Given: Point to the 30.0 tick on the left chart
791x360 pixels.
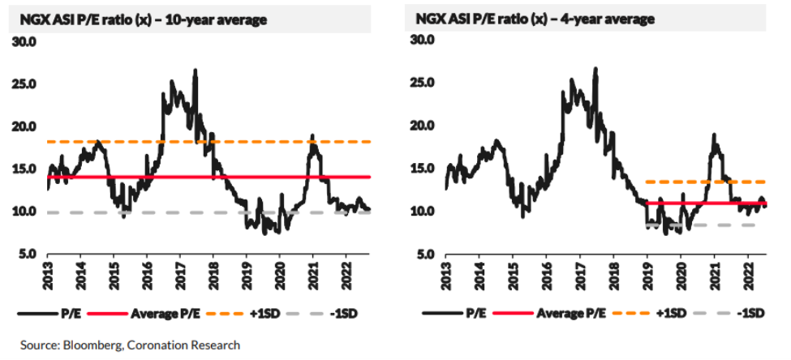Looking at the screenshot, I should point(25,41).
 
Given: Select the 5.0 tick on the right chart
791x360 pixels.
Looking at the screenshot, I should point(421,255).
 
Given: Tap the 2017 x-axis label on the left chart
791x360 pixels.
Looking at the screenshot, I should point(180,274).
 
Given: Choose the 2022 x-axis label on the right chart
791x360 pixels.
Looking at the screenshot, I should point(747,274).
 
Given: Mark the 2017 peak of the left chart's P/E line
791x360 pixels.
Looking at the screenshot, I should point(196,71).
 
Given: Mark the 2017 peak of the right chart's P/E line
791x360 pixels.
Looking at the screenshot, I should point(596,70).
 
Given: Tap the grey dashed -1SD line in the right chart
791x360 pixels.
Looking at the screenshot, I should point(730,225).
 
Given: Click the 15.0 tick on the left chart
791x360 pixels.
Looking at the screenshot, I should point(25,169).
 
